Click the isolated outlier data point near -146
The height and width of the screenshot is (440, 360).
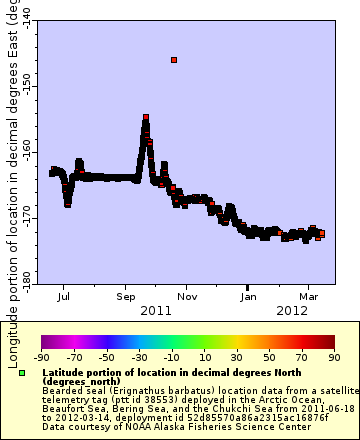tap(174, 61)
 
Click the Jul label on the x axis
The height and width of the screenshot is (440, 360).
tap(64, 297)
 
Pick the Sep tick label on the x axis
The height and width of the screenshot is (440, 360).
tap(126, 297)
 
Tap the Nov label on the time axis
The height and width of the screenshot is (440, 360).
tap(187, 297)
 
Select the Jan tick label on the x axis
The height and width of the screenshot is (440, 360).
tap(249, 297)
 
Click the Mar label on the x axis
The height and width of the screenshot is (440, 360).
tap(309, 297)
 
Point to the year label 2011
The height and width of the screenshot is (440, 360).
tap(156, 311)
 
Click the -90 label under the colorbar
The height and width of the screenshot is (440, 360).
tap(41, 356)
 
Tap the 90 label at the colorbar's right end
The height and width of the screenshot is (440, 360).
tap(333, 356)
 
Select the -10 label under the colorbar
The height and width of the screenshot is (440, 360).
tap(171, 356)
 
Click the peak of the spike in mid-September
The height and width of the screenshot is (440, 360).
tap(146, 118)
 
